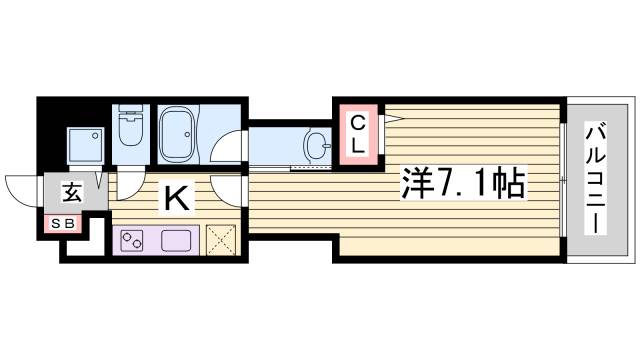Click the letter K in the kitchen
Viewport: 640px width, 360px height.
click(x=176, y=199)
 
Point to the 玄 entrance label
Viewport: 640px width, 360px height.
click(x=73, y=193)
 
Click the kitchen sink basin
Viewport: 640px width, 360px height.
click(x=177, y=241)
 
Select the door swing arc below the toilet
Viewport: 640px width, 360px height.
click(x=129, y=184)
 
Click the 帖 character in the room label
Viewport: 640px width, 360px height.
click(x=509, y=184)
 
